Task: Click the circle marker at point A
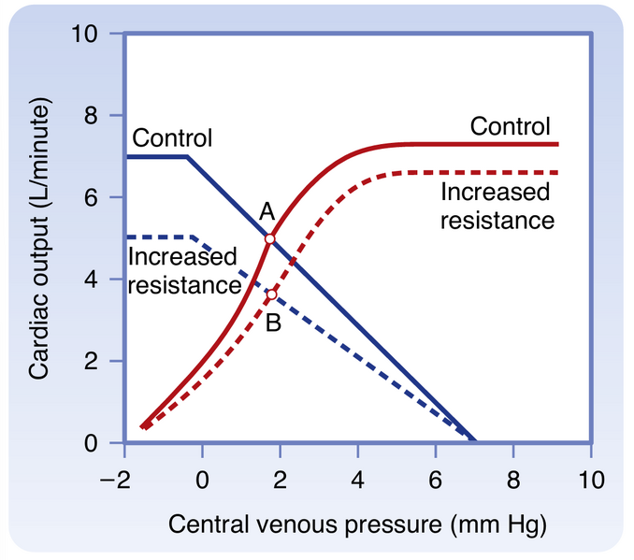pyautogui.click(x=270, y=239)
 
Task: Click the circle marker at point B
pyautogui.click(x=272, y=295)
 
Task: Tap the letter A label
pyautogui.click(x=267, y=214)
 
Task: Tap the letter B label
pyautogui.click(x=272, y=323)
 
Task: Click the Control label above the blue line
pyautogui.click(x=172, y=138)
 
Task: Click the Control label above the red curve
pyautogui.click(x=510, y=126)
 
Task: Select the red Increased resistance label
pyautogui.click(x=497, y=207)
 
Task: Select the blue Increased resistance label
pyautogui.click(x=182, y=270)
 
